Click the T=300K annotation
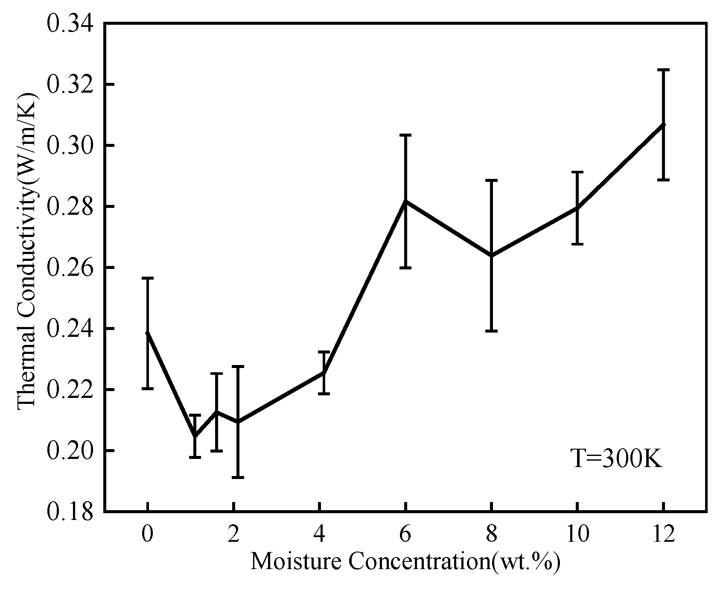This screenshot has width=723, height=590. pyautogui.click(x=617, y=459)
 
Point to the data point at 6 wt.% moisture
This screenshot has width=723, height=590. pyautogui.click(x=405, y=201)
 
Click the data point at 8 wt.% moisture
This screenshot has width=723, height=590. pyautogui.click(x=492, y=255)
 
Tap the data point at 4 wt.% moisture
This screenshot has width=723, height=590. pyautogui.click(x=324, y=373)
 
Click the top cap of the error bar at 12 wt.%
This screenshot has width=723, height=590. pyautogui.click(x=663, y=70)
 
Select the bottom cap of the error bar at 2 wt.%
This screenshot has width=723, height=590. pyautogui.click(x=238, y=477)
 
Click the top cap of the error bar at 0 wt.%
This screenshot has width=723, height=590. pyautogui.click(x=147, y=278)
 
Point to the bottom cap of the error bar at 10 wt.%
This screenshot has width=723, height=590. pyautogui.click(x=577, y=244)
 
